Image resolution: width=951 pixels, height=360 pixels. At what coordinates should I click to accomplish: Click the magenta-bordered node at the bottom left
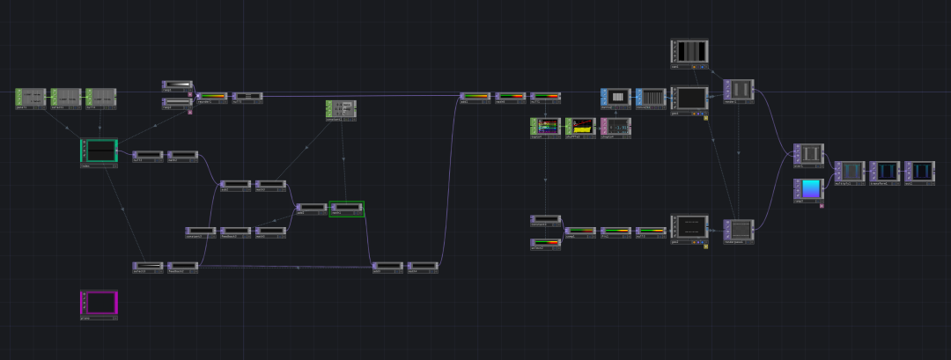99,304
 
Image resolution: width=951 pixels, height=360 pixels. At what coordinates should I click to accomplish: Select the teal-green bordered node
99,151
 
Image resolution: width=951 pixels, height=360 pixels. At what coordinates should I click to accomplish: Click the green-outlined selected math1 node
346,209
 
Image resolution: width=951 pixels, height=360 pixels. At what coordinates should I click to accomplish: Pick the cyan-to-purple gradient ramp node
808,188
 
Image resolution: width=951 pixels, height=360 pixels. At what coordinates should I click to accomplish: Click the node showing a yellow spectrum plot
580,127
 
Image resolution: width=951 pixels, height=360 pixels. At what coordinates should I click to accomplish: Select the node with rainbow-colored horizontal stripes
545,127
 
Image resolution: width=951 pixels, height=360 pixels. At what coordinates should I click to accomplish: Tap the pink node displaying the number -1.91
616,127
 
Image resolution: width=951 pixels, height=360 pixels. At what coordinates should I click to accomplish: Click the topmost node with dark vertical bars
689,50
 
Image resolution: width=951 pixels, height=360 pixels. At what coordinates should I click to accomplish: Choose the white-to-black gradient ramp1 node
177,86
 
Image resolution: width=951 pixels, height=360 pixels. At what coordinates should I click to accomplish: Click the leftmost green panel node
30,97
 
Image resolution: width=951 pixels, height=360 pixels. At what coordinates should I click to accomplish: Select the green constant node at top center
341,109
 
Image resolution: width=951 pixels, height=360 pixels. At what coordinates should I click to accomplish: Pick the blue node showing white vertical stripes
616,97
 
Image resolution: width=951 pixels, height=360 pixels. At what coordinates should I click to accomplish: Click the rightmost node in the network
920,171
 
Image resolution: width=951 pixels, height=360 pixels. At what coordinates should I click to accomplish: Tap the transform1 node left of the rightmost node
885,171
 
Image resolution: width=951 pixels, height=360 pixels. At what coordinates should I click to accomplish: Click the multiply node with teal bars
850,171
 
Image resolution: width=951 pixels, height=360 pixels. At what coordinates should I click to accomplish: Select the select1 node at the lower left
148,265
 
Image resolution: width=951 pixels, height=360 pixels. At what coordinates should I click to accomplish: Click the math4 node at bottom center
387,265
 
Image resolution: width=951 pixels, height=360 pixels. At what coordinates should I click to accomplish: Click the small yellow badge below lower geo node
705,246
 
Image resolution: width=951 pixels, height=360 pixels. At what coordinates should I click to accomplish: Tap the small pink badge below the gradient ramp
822,205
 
